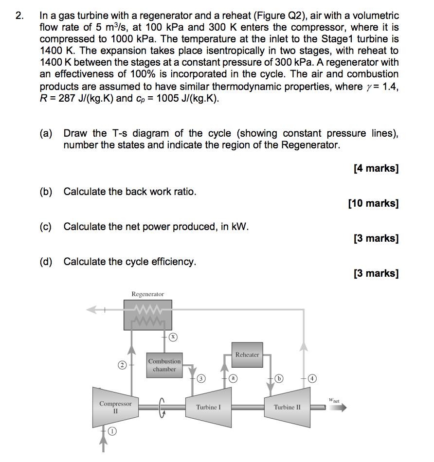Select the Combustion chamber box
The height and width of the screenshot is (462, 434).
164,365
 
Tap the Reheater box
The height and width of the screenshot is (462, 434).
247,355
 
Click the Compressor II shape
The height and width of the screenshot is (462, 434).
115,407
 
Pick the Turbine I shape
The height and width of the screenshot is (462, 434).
208,407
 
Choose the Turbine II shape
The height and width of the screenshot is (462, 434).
287,407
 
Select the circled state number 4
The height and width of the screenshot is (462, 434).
310,378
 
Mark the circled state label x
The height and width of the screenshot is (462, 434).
172,337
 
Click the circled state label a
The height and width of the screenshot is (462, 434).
233,378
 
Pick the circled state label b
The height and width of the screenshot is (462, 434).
279,378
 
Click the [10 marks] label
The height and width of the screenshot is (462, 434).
373,203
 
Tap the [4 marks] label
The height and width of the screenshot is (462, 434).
376,168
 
